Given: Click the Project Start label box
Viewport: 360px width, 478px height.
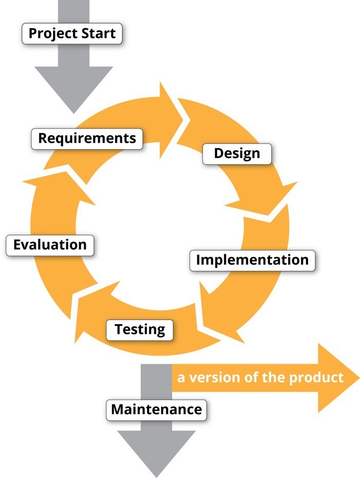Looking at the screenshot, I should pyautogui.click(x=73, y=34).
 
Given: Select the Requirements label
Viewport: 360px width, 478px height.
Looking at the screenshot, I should pyautogui.click(x=87, y=138).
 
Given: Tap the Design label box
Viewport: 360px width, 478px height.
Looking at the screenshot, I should pyautogui.click(x=237, y=153).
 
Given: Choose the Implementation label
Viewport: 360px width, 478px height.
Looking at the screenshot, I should pyautogui.click(x=252, y=260).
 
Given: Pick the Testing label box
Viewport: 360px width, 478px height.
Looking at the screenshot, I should pyautogui.click(x=140, y=329).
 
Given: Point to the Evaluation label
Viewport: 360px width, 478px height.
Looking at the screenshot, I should pyautogui.click(x=50, y=244).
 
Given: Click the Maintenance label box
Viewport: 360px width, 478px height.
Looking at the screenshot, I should pyautogui.click(x=156, y=410).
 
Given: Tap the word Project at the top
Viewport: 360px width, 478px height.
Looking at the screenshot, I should pyautogui.click(x=51, y=34).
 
